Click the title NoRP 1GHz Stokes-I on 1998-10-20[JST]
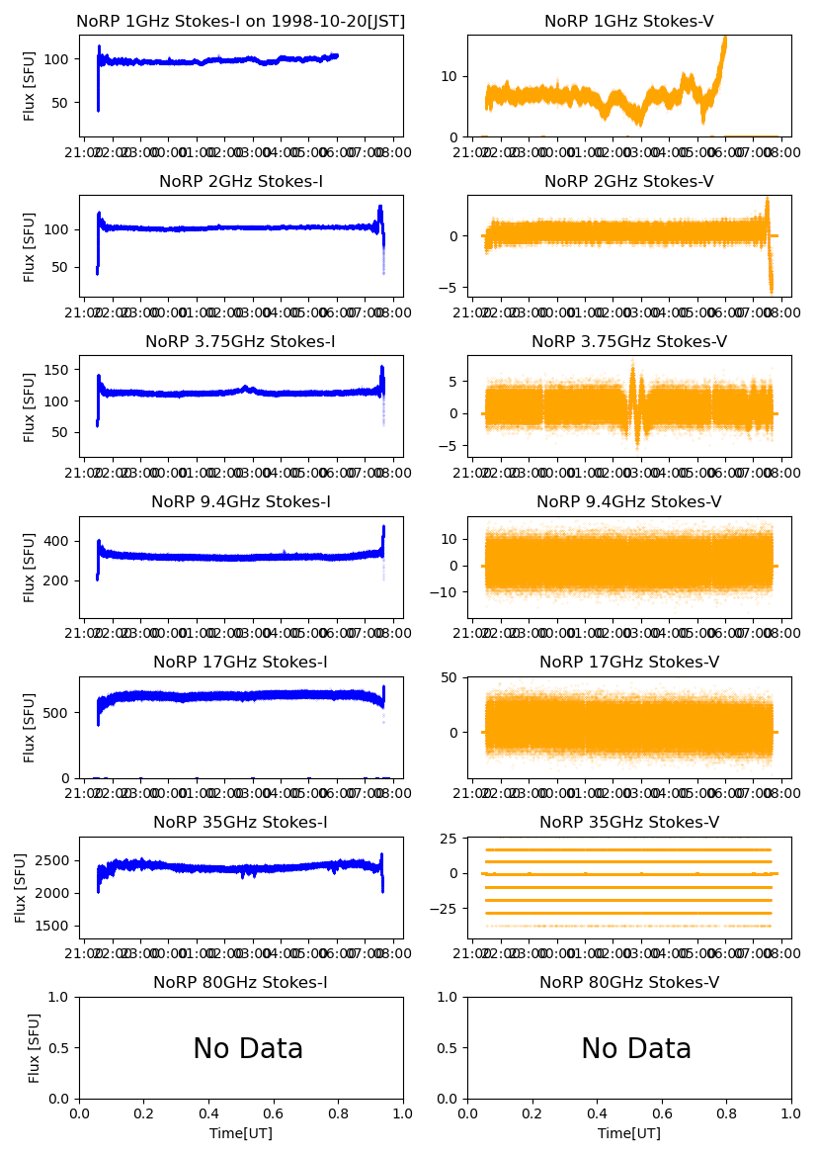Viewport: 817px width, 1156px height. click(x=241, y=22)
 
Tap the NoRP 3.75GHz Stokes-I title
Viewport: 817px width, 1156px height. click(x=241, y=342)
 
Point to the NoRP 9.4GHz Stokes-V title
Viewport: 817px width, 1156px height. click(x=629, y=502)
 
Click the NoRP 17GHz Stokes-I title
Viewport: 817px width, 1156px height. click(x=241, y=663)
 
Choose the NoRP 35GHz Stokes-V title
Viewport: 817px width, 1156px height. click(x=629, y=823)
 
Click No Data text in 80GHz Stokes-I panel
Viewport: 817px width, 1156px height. click(x=248, y=1049)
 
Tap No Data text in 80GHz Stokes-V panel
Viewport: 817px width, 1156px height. click(x=636, y=1049)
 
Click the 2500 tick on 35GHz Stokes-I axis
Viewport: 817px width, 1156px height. click(x=56, y=860)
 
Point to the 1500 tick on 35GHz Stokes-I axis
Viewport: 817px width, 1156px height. click(x=56, y=926)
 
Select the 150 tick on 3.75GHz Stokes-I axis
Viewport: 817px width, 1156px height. click(x=60, y=370)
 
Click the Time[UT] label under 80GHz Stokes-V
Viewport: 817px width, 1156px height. click(x=629, y=1133)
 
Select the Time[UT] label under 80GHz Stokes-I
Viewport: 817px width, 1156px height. click(x=241, y=1133)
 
